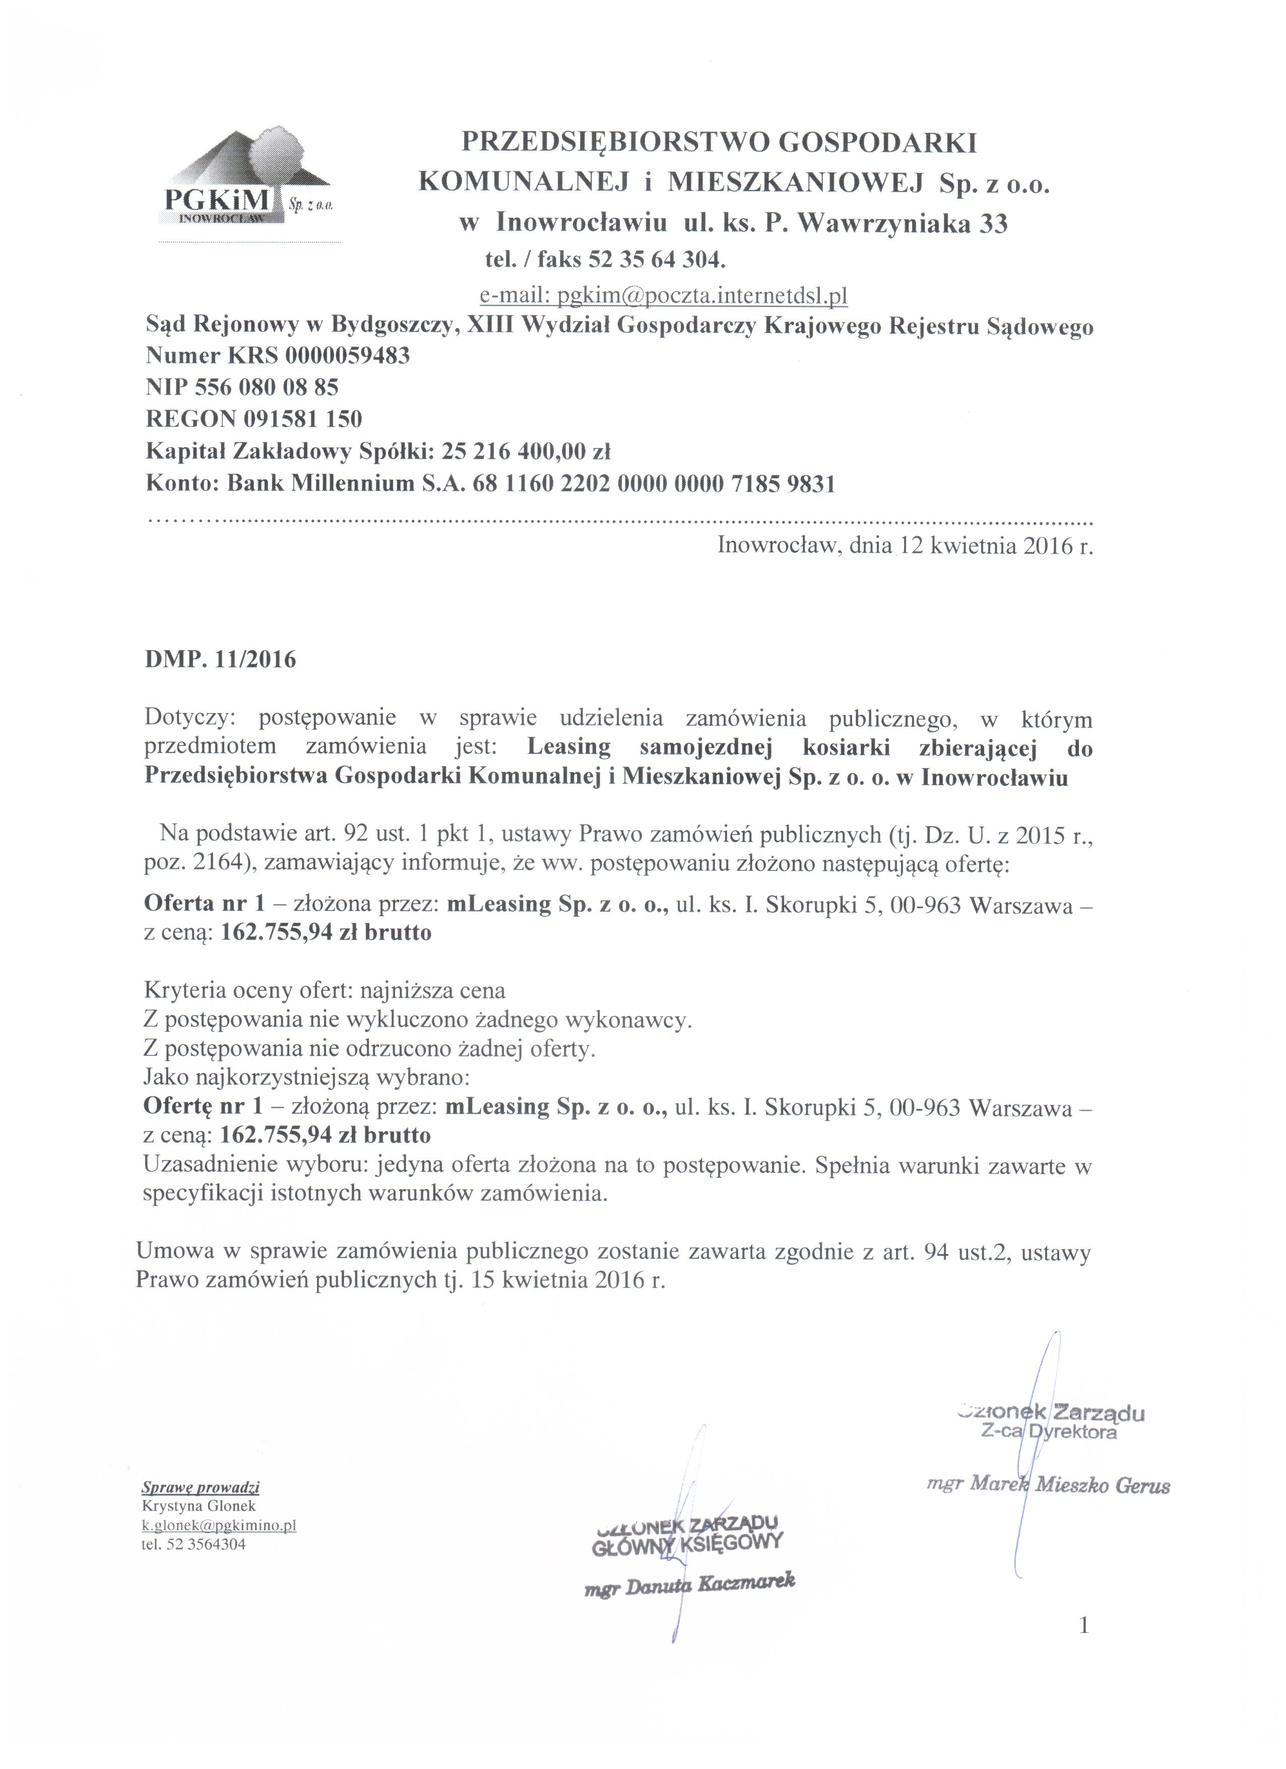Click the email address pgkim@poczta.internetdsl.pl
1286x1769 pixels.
663,296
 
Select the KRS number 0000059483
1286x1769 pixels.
347,356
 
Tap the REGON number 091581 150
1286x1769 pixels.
302,420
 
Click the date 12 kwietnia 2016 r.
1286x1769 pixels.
997,546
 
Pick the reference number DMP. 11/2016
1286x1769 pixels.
221,660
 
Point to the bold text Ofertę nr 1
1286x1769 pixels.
204,1107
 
